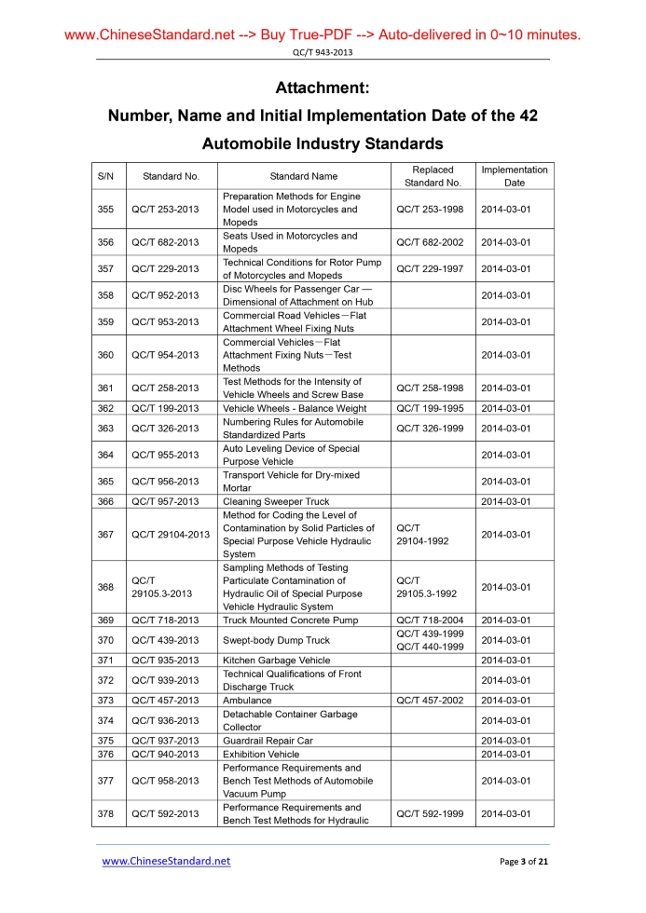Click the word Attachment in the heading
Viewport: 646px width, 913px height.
tap(323, 89)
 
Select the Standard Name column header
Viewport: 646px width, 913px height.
tap(303, 176)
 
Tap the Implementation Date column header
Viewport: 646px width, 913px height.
tap(514, 176)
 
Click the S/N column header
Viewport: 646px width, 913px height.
tap(105, 176)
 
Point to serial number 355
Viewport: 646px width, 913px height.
tap(105, 210)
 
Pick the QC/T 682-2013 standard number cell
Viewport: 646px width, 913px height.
tap(165, 243)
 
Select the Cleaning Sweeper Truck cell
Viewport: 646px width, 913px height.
tap(276, 501)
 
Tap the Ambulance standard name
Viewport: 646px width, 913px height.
tap(248, 700)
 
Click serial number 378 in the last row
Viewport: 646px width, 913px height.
tap(105, 813)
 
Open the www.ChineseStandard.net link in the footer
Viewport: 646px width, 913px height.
tap(166, 861)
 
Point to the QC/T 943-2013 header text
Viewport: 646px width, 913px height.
tap(323, 52)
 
